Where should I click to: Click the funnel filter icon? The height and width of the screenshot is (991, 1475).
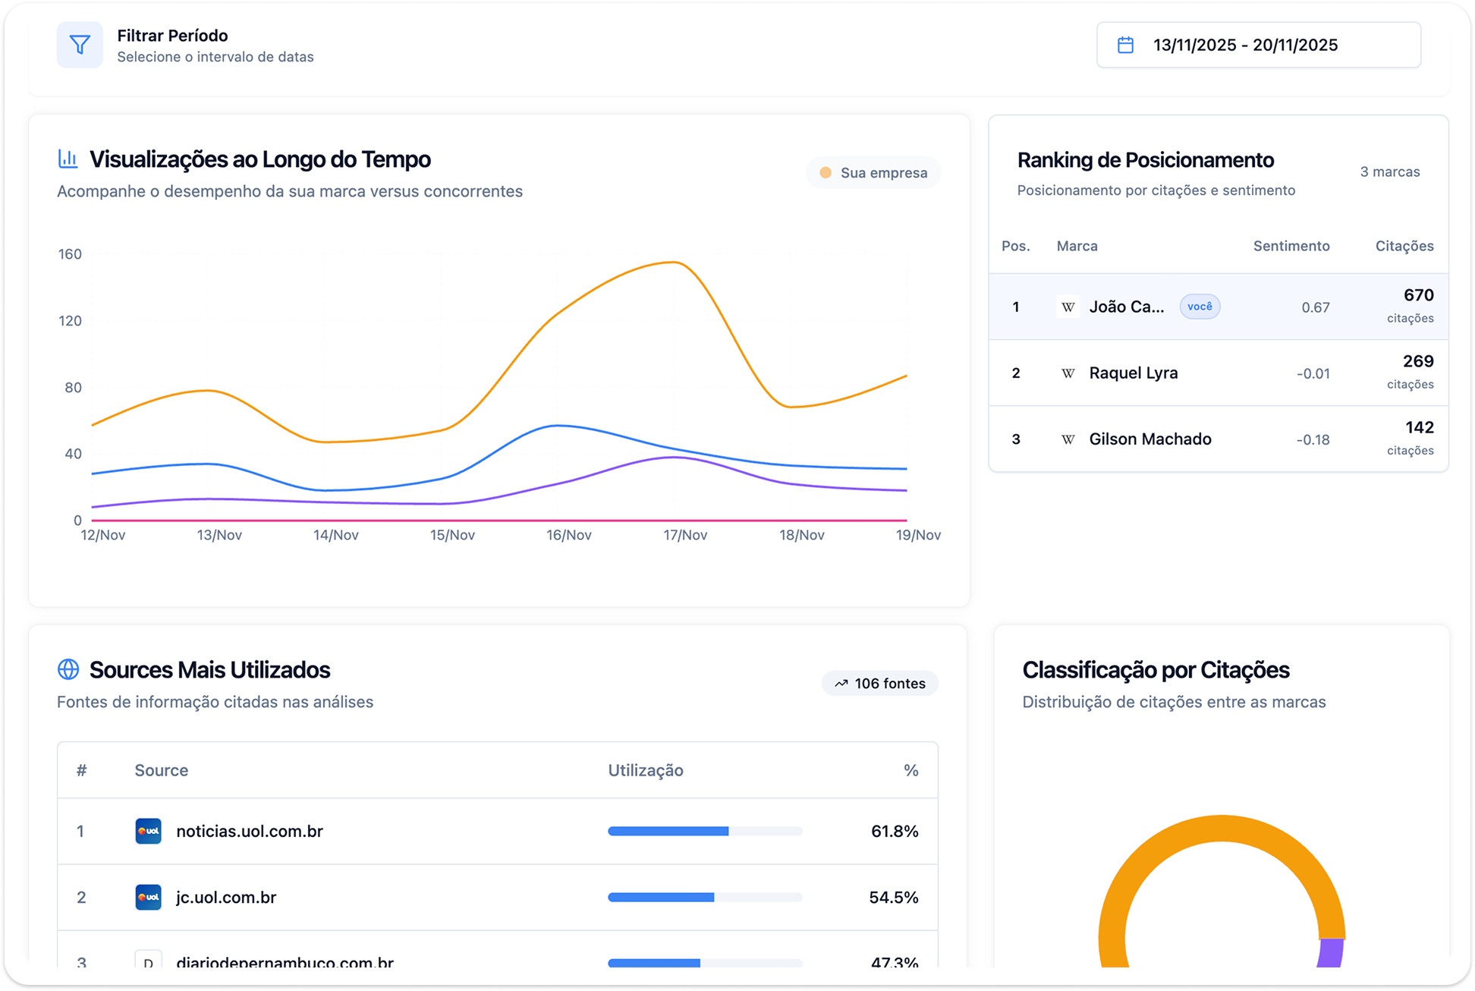click(x=80, y=45)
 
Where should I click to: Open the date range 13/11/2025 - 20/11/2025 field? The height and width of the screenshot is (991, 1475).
click(x=1258, y=45)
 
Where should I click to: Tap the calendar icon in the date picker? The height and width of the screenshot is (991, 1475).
click(x=1125, y=45)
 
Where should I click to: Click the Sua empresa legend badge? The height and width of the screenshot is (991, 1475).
click(x=873, y=173)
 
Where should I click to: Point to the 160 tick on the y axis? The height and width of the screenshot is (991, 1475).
click(x=70, y=254)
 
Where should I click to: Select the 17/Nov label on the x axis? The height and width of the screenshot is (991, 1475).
click(x=684, y=535)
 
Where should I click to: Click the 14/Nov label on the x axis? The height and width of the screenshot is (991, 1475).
click(x=335, y=535)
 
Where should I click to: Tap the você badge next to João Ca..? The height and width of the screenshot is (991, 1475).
click(x=1199, y=307)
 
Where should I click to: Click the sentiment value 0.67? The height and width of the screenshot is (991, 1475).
click(x=1315, y=307)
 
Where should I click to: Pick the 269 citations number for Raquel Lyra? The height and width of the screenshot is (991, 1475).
click(x=1417, y=361)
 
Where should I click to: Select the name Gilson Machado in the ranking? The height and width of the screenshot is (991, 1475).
click(x=1149, y=439)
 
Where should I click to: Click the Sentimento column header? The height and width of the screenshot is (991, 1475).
click(x=1291, y=246)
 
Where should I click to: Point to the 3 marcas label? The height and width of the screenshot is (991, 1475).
click(x=1389, y=171)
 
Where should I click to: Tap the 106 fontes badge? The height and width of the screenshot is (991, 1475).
click(x=880, y=684)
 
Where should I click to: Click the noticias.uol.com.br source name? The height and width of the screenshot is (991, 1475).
click(x=249, y=832)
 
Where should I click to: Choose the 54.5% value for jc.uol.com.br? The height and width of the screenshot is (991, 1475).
click(x=893, y=898)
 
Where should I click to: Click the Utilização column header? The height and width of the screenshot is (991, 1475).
click(x=645, y=770)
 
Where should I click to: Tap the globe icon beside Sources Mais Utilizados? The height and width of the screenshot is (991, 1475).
click(x=68, y=669)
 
